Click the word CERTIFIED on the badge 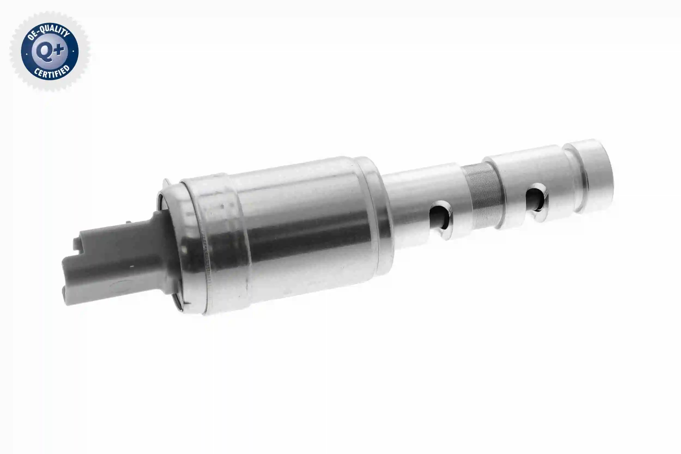click(52, 72)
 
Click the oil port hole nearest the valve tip click(536, 200)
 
